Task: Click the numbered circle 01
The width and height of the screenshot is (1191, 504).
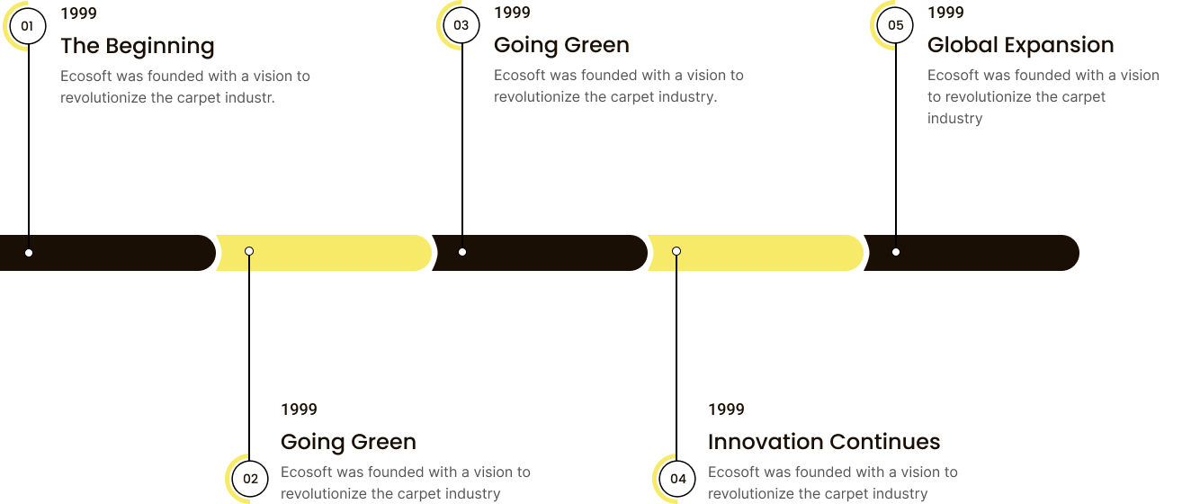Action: click(x=28, y=26)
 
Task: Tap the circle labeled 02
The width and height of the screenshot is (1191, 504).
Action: click(x=250, y=479)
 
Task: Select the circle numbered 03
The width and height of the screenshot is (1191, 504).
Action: click(x=461, y=25)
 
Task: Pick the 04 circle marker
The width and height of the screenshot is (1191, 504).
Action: click(x=677, y=479)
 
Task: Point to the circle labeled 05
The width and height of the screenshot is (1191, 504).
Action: click(x=895, y=25)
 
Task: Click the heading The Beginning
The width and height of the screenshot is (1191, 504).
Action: click(x=137, y=46)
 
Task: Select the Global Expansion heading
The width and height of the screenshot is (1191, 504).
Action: click(x=1020, y=45)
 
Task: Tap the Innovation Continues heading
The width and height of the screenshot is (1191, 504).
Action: click(x=824, y=442)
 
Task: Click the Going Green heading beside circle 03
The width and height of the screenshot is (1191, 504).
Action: click(x=561, y=45)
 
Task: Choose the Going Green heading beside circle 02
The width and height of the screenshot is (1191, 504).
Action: click(x=348, y=442)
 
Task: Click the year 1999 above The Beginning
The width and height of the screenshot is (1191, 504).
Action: click(x=78, y=13)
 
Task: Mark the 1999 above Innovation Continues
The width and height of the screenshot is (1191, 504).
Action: click(x=726, y=409)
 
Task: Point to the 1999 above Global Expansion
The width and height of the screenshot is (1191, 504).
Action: click(x=946, y=13)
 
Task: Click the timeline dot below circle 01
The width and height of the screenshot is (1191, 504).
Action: click(x=29, y=253)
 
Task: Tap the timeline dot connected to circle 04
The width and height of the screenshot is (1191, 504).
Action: click(x=676, y=251)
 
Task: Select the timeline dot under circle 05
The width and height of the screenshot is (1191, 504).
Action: click(x=896, y=252)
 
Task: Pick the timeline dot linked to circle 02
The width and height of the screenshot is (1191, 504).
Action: click(x=249, y=251)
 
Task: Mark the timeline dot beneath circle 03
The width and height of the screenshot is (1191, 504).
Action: click(x=462, y=252)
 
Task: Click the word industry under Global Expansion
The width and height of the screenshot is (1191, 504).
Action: click(x=955, y=119)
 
